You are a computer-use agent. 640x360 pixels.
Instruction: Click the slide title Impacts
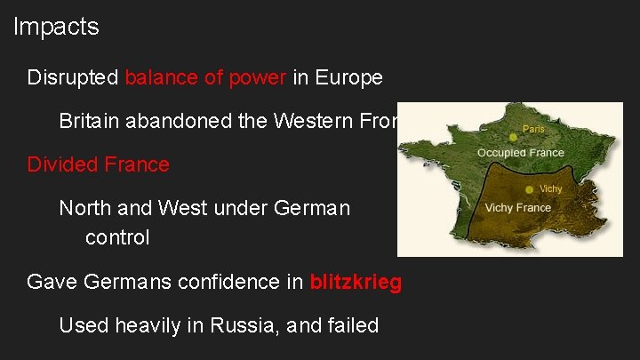click(56, 28)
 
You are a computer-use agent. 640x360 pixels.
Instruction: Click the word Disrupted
click(73, 77)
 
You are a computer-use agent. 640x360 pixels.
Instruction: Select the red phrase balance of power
click(205, 77)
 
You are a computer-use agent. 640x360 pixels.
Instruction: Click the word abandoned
click(174, 121)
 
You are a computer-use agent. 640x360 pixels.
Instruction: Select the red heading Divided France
click(98, 164)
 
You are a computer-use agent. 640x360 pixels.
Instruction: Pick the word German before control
click(312, 208)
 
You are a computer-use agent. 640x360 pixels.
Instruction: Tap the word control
click(117, 238)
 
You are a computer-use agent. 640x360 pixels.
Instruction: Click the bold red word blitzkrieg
click(356, 283)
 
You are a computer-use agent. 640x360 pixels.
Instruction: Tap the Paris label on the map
click(534, 128)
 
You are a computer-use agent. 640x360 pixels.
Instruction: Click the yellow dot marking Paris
click(513, 137)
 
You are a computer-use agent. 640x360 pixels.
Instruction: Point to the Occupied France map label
click(520, 153)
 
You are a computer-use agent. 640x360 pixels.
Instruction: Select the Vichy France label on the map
click(517, 208)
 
